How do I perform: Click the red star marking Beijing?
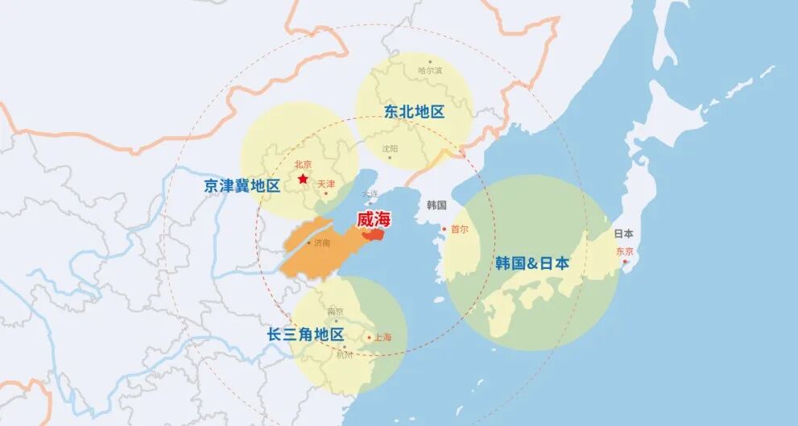[303, 178]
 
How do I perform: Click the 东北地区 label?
[415, 112]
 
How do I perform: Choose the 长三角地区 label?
[306, 334]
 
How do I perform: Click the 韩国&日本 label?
[532, 263]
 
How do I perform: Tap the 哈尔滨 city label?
[430, 71]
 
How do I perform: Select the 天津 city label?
[326, 184]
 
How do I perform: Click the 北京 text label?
[303, 164]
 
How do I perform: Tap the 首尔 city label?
[459, 230]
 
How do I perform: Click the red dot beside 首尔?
[443, 229]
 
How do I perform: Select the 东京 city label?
[625, 251]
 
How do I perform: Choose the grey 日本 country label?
[623, 234]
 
